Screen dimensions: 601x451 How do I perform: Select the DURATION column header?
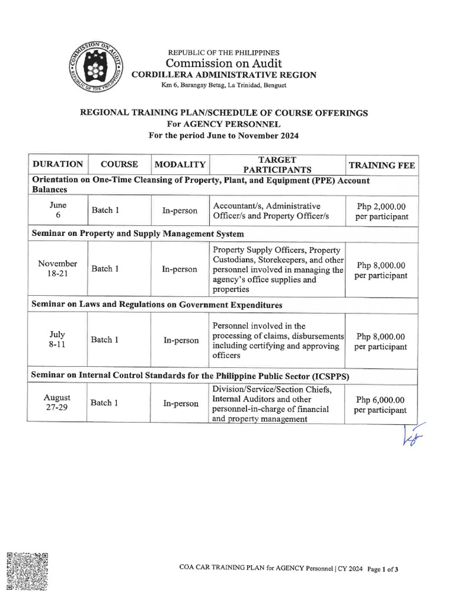click(57, 165)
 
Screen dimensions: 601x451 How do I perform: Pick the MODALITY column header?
click(180, 165)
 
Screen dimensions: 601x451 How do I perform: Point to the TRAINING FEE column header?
click(381, 165)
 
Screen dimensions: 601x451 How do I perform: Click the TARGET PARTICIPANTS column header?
click(277, 165)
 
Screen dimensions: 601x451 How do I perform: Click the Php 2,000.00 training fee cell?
click(381, 212)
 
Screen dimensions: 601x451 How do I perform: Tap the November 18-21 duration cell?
click(57, 269)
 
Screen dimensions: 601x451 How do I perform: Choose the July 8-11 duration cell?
click(57, 340)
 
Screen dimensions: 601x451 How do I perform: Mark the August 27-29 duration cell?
click(57, 403)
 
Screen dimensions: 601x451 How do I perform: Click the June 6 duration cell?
click(57, 211)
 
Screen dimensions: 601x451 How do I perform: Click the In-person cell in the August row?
click(180, 403)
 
